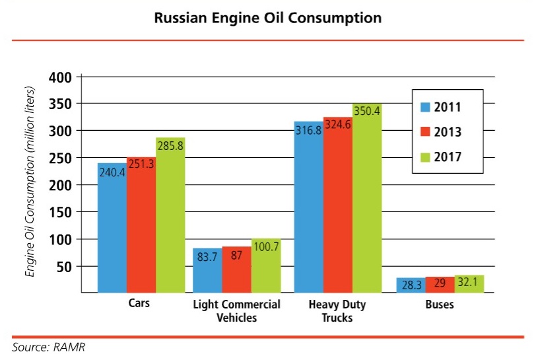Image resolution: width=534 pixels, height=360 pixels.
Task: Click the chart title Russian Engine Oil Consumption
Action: [267, 18]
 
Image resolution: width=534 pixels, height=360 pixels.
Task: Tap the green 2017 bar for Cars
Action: [170, 225]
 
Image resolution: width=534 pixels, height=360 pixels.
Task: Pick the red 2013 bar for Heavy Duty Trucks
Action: [337, 211]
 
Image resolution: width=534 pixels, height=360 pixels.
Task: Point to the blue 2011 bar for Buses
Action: [411, 285]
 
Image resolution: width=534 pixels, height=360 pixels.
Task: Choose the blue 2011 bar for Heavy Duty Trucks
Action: [308, 211]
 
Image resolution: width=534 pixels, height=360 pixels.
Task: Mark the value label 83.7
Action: [207, 257]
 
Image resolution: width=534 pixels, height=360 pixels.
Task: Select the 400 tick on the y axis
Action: [60, 77]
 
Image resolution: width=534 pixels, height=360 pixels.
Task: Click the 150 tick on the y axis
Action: [60, 212]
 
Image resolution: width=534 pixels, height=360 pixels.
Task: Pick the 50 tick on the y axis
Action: [64, 266]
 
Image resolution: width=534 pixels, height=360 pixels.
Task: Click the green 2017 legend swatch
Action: [426, 157]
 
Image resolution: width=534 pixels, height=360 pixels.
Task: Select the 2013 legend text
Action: [448, 132]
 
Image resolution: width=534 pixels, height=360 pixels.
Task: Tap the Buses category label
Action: [440, 305]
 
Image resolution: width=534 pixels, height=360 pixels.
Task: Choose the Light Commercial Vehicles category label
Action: [237, 311]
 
